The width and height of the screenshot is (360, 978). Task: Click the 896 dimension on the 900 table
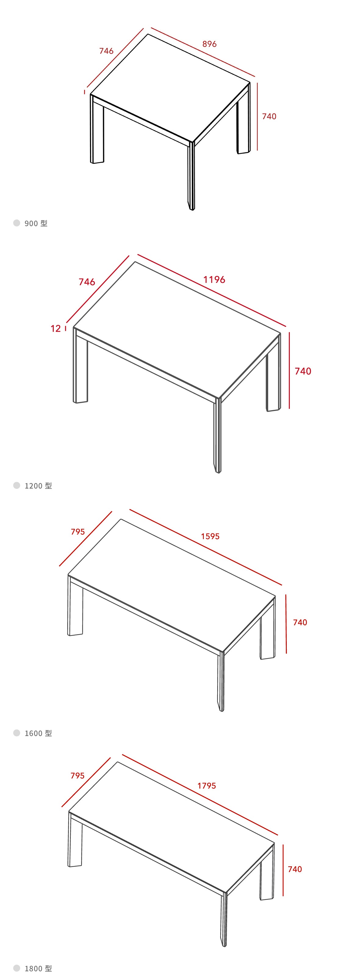209,44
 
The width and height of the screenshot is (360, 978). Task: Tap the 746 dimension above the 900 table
106,51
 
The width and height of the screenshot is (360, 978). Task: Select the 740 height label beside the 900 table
269,117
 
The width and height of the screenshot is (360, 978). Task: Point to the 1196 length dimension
214,280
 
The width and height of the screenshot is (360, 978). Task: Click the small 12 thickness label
56,328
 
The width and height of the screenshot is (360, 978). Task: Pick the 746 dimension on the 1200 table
87,282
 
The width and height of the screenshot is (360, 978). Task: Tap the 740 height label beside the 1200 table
303,371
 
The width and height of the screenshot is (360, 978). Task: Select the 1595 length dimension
211,536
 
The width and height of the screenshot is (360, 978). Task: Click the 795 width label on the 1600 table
78,532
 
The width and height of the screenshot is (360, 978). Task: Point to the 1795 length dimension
207,786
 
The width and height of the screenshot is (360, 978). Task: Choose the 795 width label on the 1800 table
77,776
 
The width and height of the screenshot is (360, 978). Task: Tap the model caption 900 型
36,223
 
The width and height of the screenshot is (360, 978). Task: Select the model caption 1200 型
38,485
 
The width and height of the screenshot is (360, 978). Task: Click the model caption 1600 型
38,733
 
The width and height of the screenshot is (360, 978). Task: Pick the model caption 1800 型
38,969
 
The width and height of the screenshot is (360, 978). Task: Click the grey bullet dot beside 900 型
17,223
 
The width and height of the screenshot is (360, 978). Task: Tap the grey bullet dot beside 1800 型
17,968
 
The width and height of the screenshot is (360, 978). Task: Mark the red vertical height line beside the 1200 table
289,370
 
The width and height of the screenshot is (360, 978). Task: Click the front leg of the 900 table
191,175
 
